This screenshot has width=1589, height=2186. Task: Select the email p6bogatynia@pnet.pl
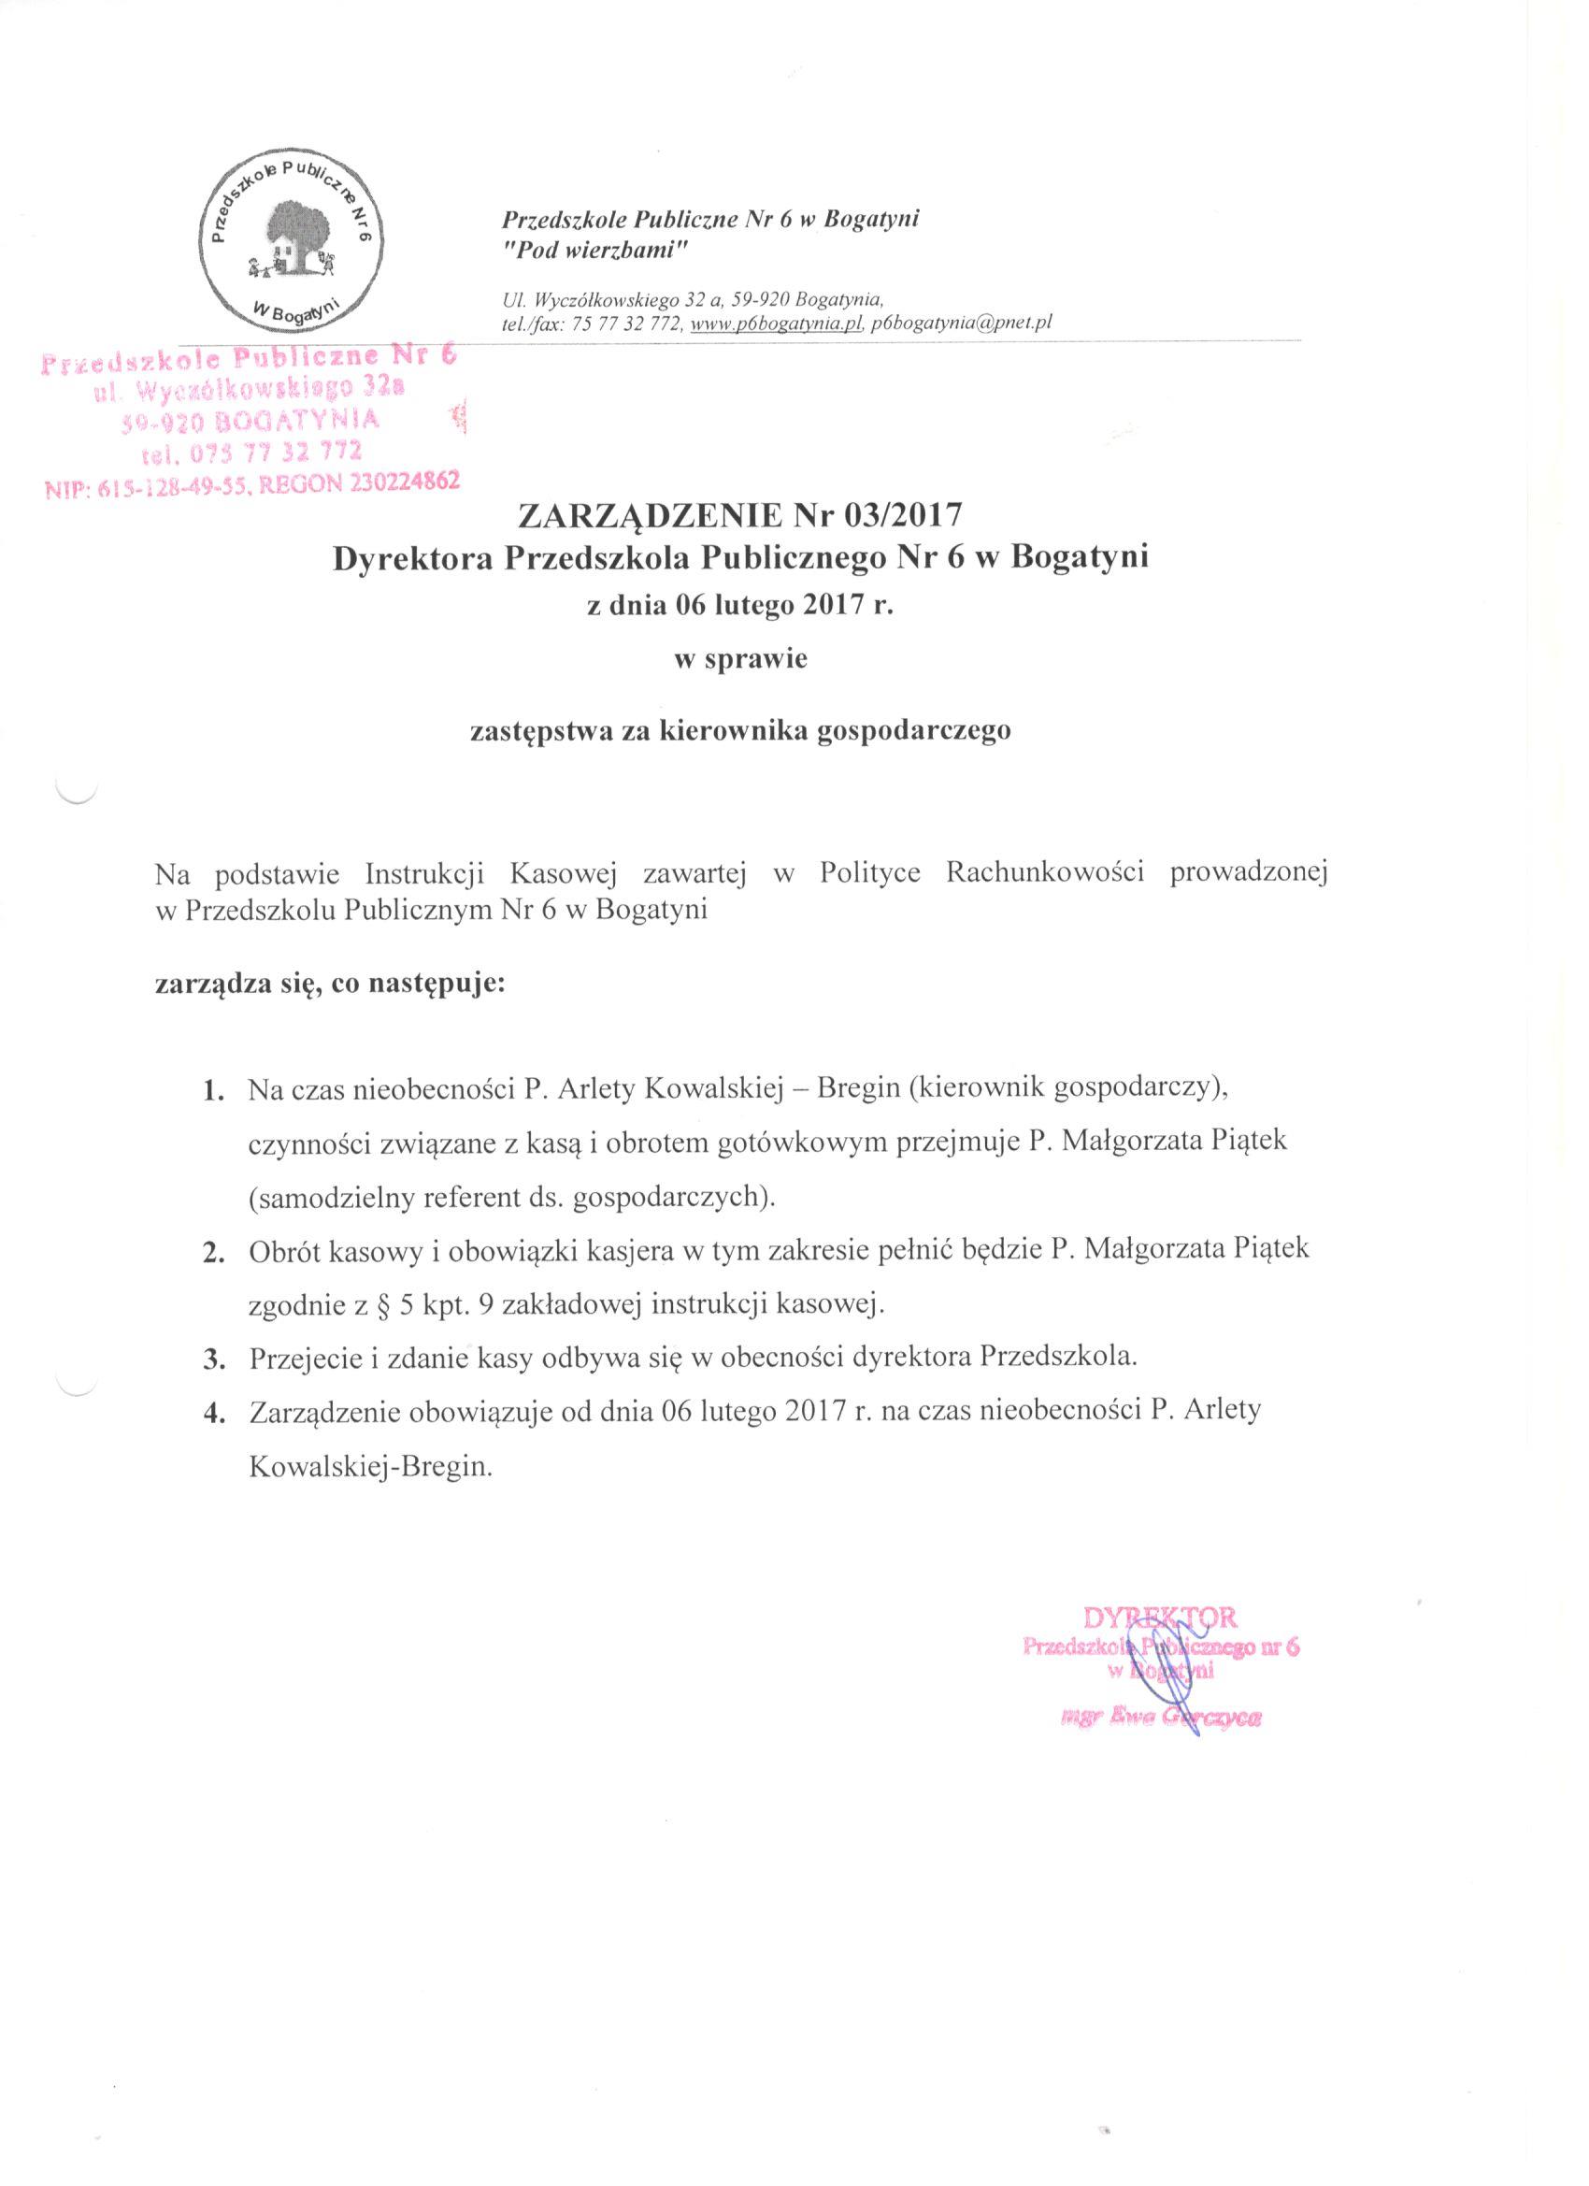960,324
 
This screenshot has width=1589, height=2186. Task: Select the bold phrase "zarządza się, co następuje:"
330,986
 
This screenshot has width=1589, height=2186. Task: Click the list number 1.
213,1091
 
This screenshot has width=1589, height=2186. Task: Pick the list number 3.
213,1359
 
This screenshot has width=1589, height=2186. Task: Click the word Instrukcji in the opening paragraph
423,872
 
